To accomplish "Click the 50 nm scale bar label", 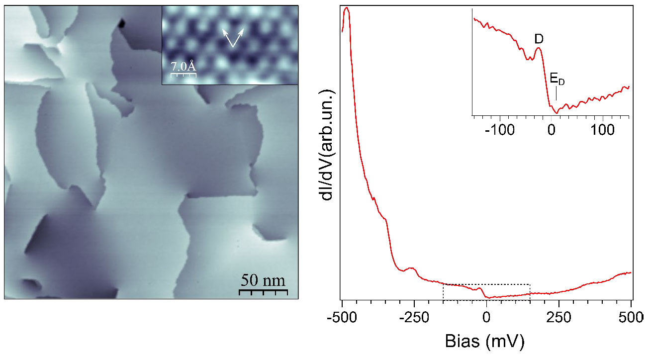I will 263,280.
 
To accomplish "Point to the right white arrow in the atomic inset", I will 239,37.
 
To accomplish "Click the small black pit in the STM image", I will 122,22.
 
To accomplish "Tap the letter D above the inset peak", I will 538,38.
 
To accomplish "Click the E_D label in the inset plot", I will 557,79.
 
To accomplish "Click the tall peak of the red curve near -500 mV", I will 347,8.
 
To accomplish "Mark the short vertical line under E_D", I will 556,93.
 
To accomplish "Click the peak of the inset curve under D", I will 538,48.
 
